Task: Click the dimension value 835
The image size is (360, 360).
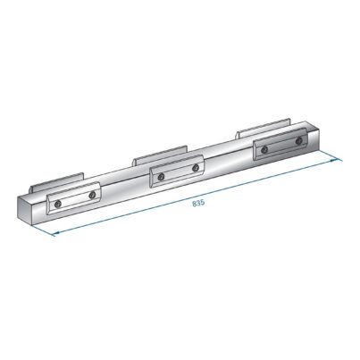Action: click(x=198, y=204)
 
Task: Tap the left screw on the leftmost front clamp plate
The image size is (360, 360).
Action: click(x=57, y=204)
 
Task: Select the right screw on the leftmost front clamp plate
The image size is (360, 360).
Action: click(x=92, y=195)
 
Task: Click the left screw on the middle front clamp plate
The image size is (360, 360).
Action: click(x=161, y=177)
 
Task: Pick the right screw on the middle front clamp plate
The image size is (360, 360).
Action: click(x=196, y=168)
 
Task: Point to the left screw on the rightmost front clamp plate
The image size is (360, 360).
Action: click(x=264, y=150)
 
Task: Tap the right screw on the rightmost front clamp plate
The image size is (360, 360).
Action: click(x=298, y=141)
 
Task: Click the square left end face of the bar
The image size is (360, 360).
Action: click(x=24, y=208)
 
